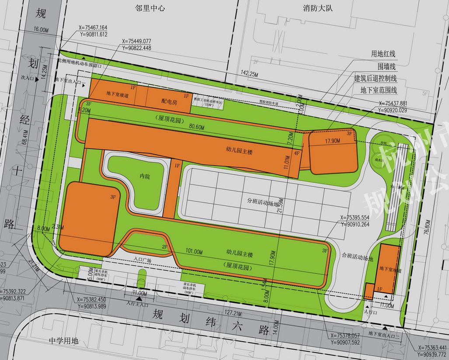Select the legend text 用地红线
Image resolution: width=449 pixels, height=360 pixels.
383,54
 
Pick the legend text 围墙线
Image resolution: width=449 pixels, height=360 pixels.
386,66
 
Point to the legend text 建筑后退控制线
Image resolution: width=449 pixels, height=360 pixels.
375,79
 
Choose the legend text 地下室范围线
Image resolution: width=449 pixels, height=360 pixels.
379,90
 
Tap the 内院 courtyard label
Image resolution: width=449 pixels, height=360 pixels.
145,177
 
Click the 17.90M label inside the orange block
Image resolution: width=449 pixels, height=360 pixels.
333,141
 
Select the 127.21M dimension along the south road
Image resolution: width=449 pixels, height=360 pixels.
234,313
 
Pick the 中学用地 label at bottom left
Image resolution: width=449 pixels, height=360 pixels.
63,341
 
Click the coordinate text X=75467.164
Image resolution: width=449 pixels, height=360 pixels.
93,28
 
